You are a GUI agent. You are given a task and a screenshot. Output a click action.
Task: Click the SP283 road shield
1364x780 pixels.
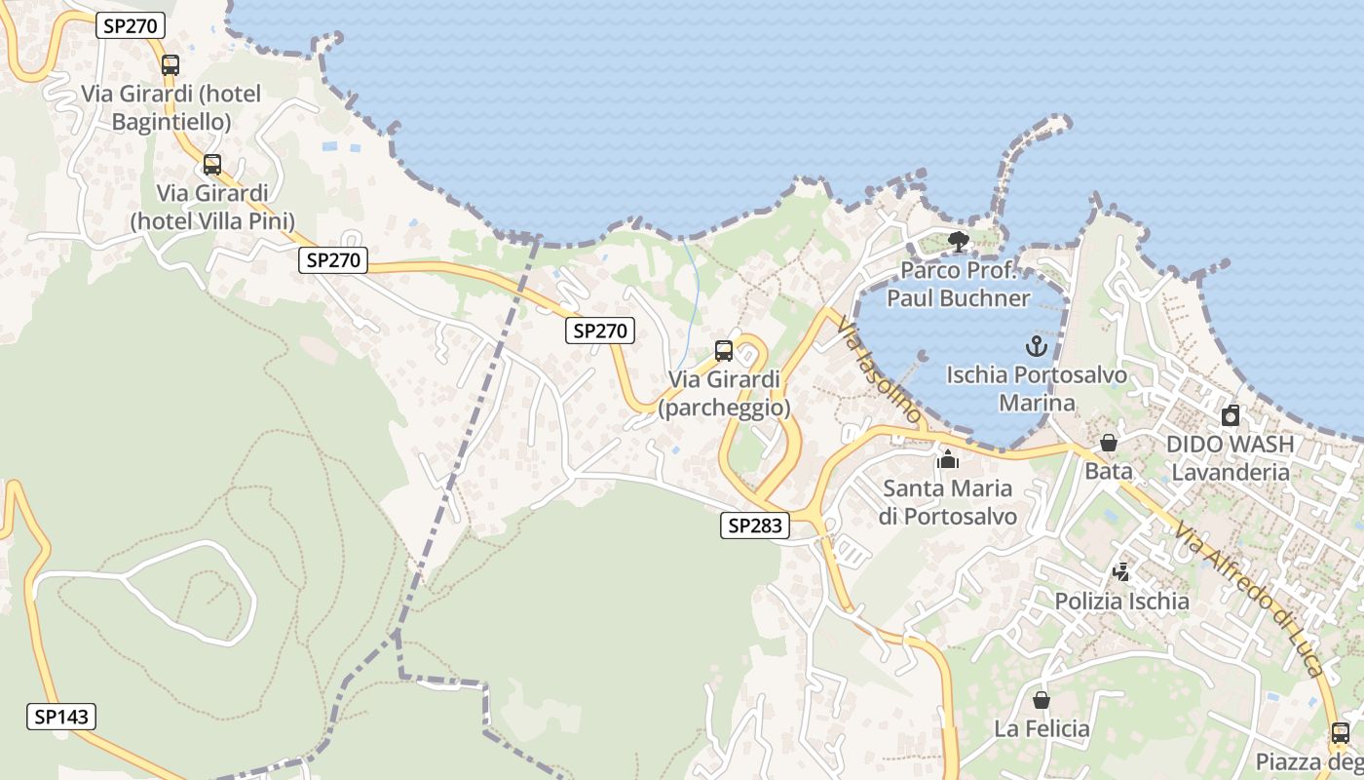(755, 526)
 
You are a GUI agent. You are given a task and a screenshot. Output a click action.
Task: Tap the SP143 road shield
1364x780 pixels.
(60, 718)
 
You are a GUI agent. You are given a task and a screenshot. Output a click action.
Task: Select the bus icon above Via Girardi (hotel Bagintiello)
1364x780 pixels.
(170, 65)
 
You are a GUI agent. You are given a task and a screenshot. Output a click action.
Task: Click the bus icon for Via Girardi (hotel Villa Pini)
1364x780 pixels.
(212, 165)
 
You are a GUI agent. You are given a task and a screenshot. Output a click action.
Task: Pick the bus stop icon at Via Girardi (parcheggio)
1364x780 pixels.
(724, 351)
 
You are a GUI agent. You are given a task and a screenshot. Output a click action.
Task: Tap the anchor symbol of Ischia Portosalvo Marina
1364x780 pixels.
(1037, 345)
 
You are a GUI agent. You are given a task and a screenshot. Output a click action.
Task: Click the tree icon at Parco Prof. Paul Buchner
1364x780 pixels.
(959, 242)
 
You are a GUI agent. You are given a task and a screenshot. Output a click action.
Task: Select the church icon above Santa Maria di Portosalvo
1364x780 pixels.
(948, 459)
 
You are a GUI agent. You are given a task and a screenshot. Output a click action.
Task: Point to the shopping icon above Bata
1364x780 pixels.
(1109, 443)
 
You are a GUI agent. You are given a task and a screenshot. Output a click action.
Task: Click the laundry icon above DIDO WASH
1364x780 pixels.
(1231, 415)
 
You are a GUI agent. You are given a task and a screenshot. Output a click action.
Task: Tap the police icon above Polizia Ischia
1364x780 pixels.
(1122, 572)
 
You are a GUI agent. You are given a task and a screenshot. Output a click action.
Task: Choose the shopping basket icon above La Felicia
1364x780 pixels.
(1042, 700)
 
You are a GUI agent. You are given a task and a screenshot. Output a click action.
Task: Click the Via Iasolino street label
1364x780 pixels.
(880, 373)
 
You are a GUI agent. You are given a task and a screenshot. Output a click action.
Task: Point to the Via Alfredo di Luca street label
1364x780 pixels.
(1250, 600)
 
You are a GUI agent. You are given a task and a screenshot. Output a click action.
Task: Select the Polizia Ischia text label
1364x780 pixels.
(1122, 601)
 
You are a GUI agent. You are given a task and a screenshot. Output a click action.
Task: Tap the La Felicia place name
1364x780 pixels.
(1042, 728)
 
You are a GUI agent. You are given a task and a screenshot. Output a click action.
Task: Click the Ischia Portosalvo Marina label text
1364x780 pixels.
(1037, 388)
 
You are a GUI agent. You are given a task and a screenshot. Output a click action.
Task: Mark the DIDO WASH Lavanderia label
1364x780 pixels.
(1231, 458)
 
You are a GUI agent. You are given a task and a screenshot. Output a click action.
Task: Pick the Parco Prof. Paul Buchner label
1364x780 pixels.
(959, 284)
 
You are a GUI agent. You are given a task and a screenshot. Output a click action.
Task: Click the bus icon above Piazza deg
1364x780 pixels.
(1341, 733)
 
